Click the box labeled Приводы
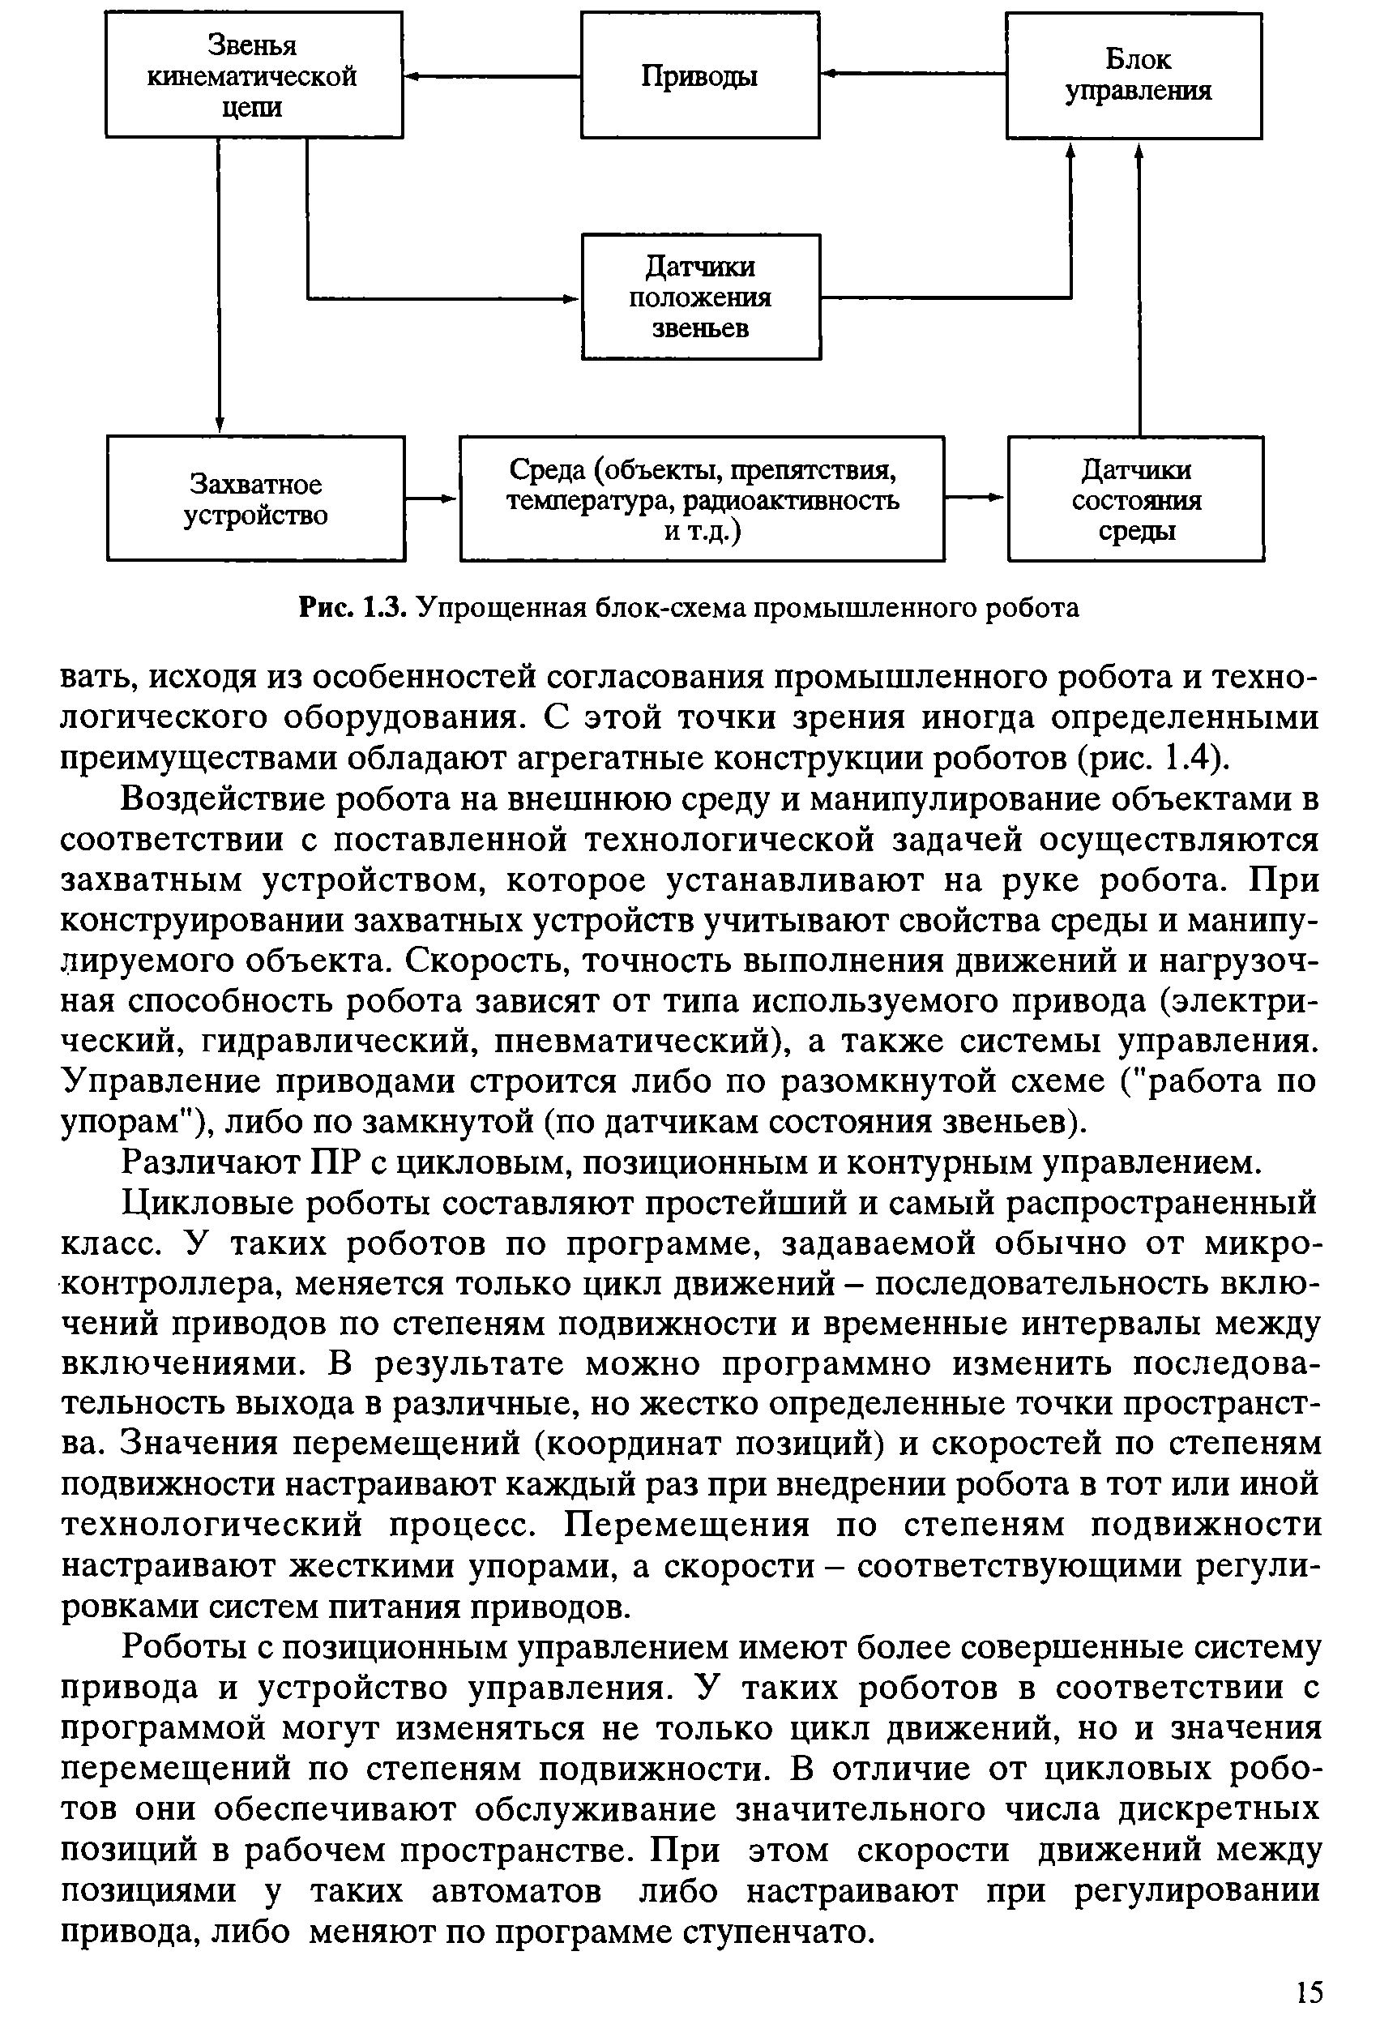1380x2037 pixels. coord(699,75)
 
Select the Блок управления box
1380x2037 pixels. coord(1134,75)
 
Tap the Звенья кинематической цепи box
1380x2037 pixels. coord(254,75)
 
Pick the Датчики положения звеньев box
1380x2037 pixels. coord(701,297)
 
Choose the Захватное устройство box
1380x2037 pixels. coord(256,499)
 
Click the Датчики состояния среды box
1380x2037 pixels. coord(1135,499)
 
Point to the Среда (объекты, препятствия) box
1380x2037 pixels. coord(702,499)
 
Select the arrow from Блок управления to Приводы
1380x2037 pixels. coord(912,74)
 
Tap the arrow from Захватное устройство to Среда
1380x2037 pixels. coord(433,499)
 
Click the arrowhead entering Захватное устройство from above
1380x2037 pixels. coord(219,424)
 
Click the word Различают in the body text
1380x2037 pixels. coord(208,1162)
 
